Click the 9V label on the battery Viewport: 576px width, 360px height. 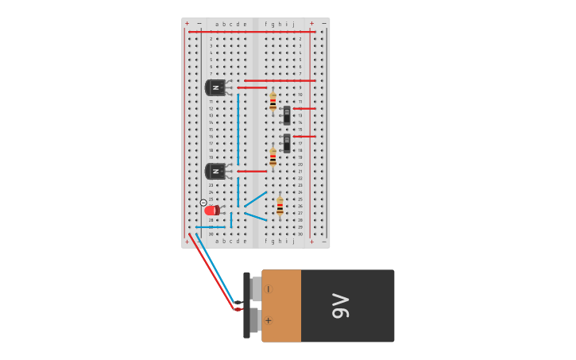[341, 306]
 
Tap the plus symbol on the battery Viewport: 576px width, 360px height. [268, 320]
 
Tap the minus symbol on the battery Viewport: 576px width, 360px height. [268, 289]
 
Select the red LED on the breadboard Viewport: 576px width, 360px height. [211, 211]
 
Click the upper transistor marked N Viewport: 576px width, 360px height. [215, 87]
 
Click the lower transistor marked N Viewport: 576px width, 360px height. [215, 171]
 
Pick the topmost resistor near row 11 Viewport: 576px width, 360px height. [273, 101]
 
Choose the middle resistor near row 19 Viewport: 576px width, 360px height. [273, 157]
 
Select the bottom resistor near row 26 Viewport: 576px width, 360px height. [280, 206]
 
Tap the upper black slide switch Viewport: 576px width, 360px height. [287, 115]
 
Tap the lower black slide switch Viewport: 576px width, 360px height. [287, 143]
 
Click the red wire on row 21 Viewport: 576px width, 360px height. [252, 171]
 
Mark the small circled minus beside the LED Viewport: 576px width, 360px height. [203, 203]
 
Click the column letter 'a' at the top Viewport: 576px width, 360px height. [217, 24]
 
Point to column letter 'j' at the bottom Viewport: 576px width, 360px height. [293, 241]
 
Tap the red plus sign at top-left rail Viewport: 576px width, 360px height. [187, 24]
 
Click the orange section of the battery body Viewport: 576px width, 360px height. [281, 306]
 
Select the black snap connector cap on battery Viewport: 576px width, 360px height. [246, 305]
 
